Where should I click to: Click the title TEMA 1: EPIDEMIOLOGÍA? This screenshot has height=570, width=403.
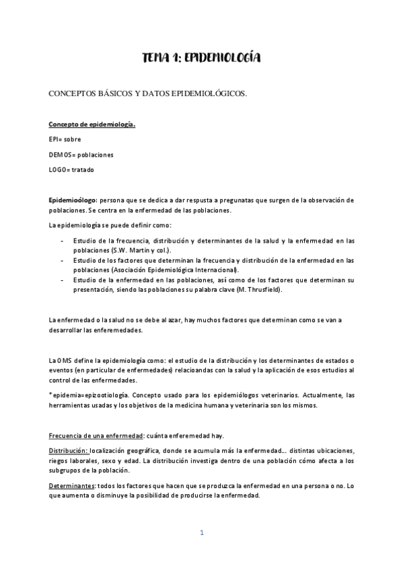(201, 59)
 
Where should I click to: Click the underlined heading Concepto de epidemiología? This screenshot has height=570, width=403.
(91, 124)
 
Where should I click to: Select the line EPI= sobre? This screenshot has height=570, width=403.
(65, 139)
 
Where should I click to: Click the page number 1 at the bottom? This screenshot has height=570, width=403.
(201, 532)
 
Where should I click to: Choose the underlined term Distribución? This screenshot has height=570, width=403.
(69, 450)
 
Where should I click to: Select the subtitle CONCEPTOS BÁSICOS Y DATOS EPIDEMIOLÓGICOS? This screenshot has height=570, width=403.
(147, 93)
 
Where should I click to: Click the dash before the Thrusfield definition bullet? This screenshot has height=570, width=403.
(62, 279)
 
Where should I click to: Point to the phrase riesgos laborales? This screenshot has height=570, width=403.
(77, 460)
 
